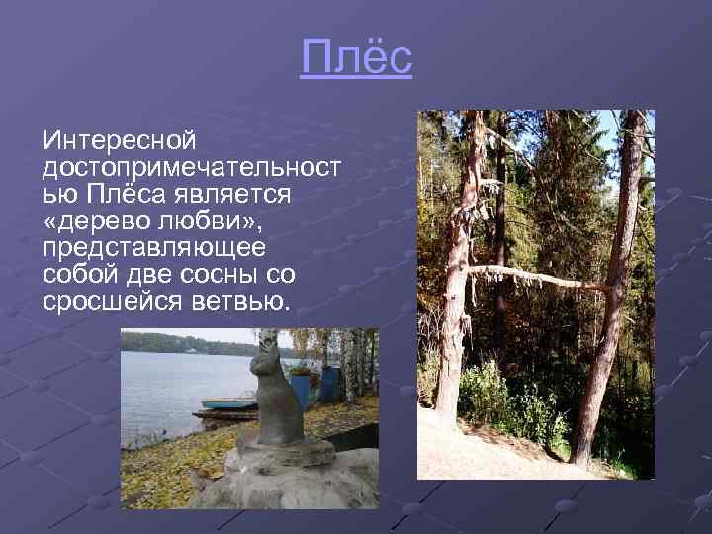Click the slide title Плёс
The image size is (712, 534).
pos(356,59)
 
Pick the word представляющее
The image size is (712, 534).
pos(162,244)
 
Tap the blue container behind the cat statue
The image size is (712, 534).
pos(302,387)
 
